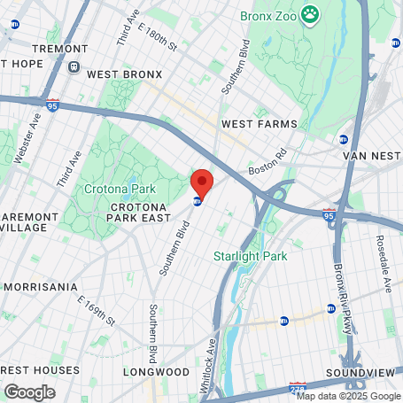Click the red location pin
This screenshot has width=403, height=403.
pyautogui.click(x=202, y=183)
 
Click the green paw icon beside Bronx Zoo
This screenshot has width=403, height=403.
pyautogui.click(x=309, y=13)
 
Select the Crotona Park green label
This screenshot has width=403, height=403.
pyautogui.click(x=120, y=189)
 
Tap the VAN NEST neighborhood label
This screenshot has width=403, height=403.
pyautogui.click(x=372, y=156)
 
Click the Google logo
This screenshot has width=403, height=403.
pyautogui.click(x=29, y=391)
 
